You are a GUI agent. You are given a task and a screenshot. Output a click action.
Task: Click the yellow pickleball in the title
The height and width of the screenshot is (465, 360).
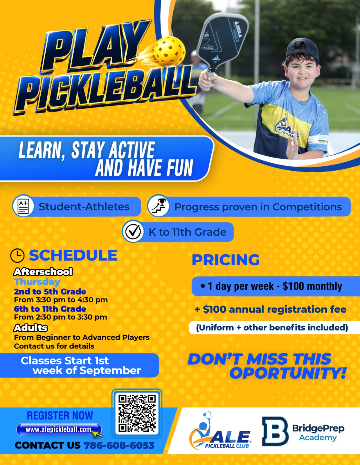tap(170, 51)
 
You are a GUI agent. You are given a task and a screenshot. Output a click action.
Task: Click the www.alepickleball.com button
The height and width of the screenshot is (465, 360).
tap(59, 430)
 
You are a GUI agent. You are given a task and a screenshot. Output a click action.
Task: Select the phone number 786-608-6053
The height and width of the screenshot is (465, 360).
tap(119, 445)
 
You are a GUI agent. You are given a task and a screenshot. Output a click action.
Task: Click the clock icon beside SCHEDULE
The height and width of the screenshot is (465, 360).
tap(17, 255)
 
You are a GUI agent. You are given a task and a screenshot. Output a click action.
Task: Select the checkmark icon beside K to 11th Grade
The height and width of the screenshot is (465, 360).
tap(133, 232)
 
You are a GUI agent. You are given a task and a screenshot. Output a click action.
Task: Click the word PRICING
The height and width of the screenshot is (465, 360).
tap(226, 260)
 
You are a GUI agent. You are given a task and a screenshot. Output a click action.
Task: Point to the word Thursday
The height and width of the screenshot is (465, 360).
tap(37, 282)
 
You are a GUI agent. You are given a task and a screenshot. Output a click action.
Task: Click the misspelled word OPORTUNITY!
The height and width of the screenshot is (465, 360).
tap(288, 373)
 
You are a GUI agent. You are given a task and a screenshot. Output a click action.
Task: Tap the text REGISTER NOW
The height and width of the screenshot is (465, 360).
tap(60, 416)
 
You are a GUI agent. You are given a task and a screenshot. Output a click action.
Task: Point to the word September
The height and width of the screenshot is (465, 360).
tap(110, 371)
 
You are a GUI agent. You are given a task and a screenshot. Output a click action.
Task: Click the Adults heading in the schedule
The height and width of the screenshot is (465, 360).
tap(30, 328)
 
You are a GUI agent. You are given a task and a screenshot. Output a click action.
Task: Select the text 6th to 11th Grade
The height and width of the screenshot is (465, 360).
tap(50, 309)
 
